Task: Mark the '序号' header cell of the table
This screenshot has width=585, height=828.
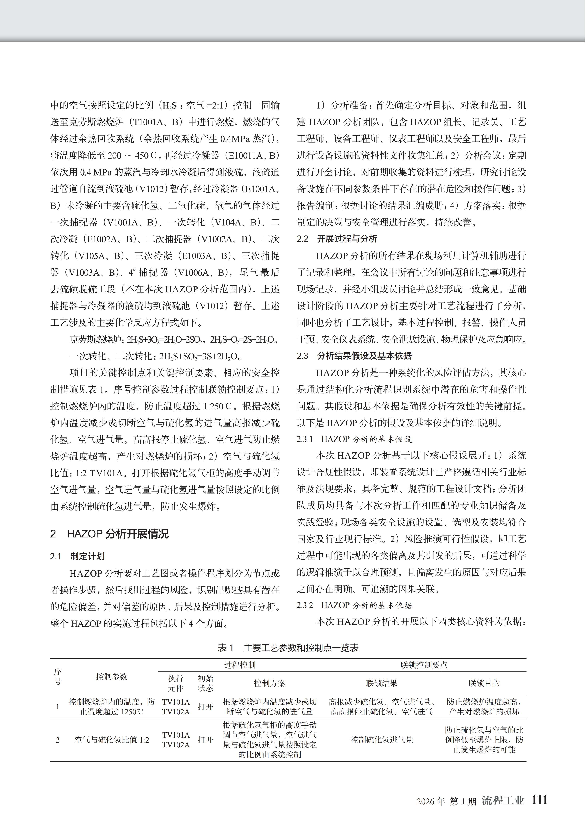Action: pyautogui.click(x=58, y=676)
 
